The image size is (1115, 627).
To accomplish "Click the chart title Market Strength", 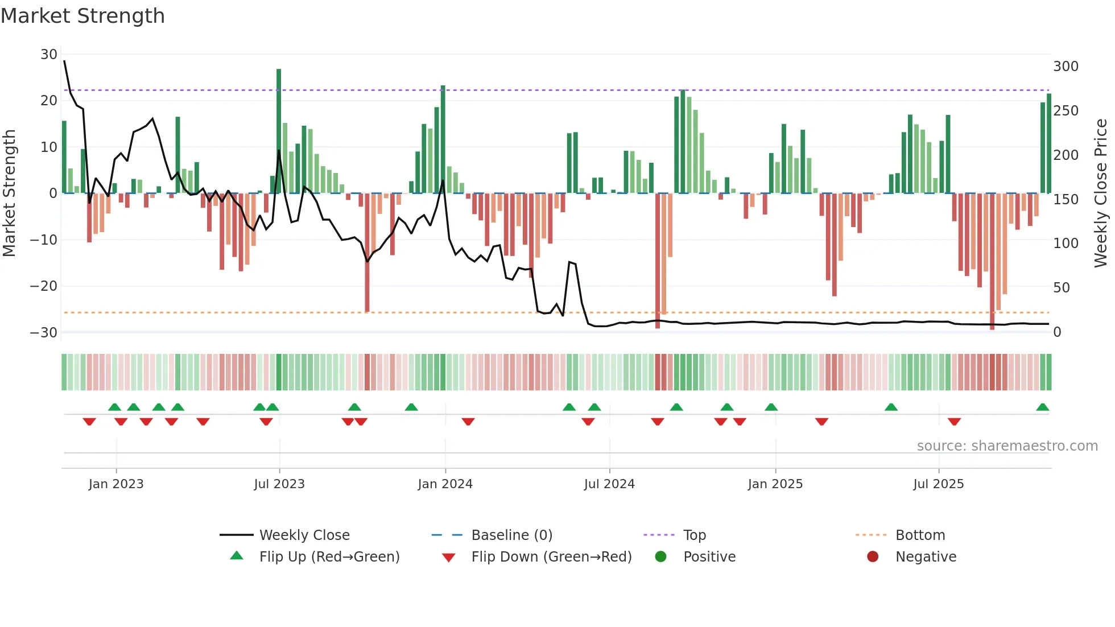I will point(82,16).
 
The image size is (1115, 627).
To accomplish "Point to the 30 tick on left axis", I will point(49,55).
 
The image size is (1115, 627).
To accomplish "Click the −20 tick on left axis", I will point(44,286).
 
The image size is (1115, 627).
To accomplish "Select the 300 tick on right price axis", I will point(1066,67).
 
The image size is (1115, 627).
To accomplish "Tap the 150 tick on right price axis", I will point(1066,200).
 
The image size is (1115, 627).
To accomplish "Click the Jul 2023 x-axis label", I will point(279,484).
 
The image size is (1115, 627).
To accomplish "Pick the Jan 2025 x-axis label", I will point(775,484).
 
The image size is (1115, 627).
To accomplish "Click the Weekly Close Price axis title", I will point(1101,193).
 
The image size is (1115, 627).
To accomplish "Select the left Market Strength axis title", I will point(9,193).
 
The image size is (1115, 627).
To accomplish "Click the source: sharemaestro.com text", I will point(1007,446).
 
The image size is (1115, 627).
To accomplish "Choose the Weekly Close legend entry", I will point(304,535).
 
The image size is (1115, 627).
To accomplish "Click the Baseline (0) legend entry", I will point(511,535).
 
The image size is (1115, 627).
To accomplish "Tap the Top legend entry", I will point(694,535).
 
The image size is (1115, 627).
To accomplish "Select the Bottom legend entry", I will point(920,535).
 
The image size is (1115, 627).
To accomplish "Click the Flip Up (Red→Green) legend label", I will point(329,557).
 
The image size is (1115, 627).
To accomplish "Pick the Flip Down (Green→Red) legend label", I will point(551,557).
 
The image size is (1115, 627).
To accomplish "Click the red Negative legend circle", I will point(873,557).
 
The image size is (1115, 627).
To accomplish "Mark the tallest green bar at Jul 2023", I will point(279,131).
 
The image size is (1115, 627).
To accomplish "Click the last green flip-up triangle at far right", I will point(1042,407).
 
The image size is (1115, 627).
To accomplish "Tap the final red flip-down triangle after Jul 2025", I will point(954,422).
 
